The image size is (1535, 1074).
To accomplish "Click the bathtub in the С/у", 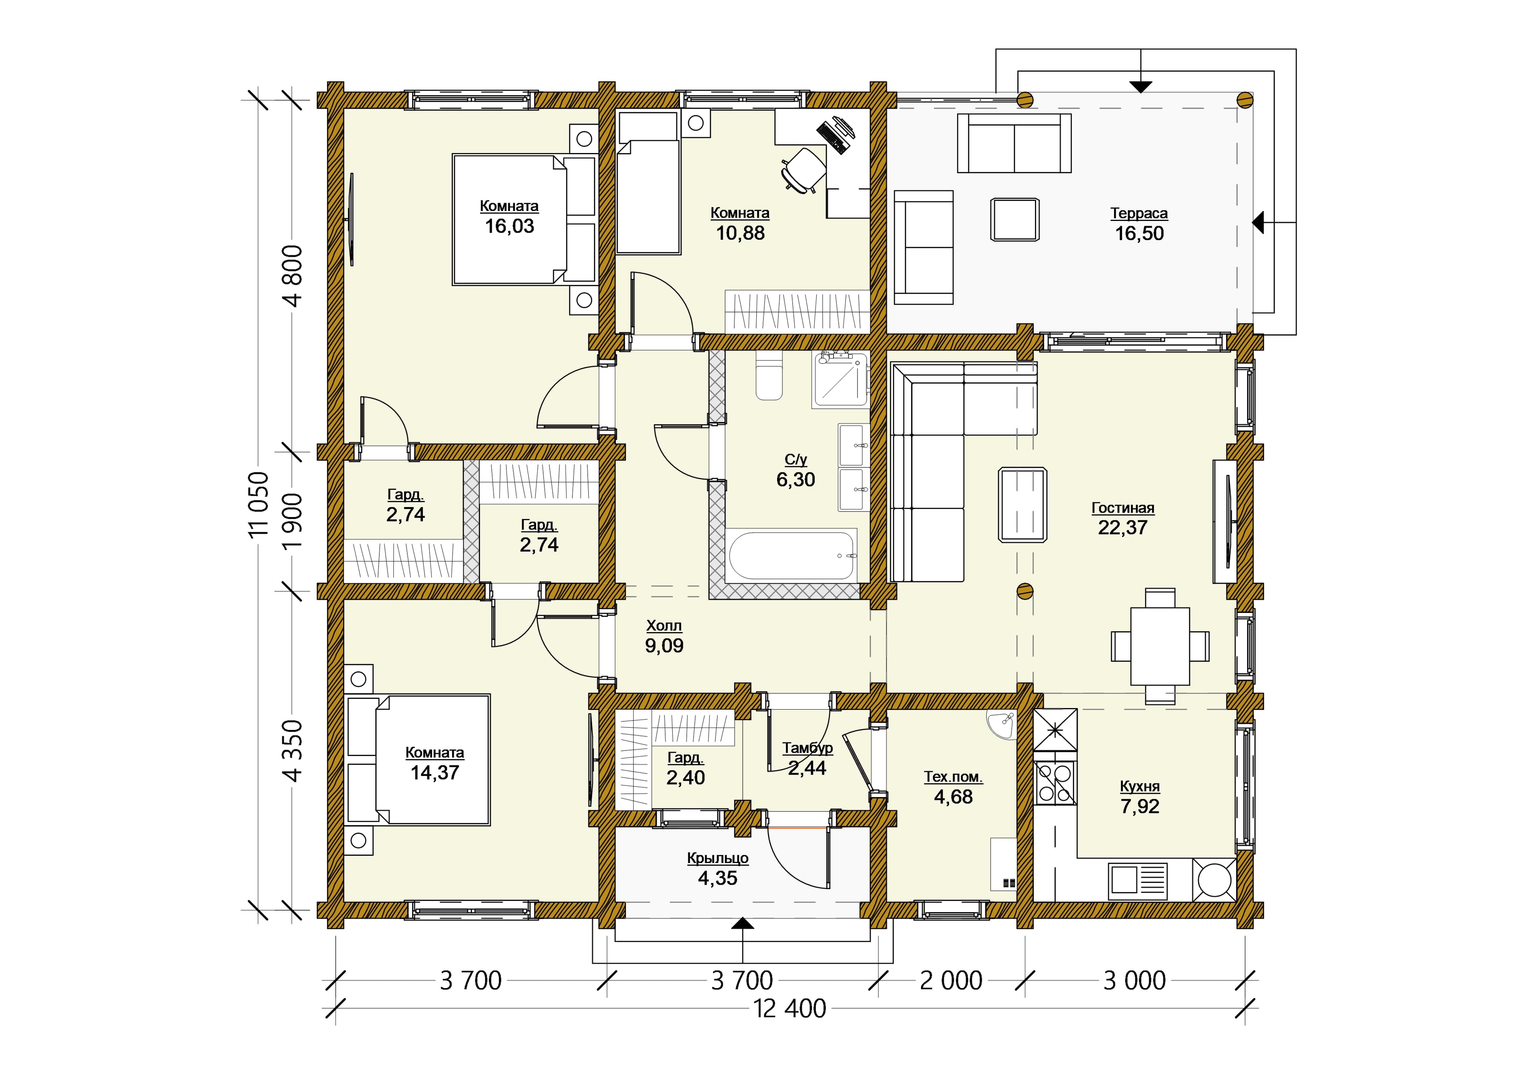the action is (792, 555).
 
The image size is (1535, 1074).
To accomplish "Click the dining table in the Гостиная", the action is (1160, 646).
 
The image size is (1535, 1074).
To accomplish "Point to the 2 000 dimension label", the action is (951, 981).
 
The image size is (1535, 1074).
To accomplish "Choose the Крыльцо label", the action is (718, 858).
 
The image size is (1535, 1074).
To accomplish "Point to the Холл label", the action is (664, 626).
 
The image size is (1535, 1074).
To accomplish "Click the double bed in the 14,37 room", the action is (418, 759).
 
